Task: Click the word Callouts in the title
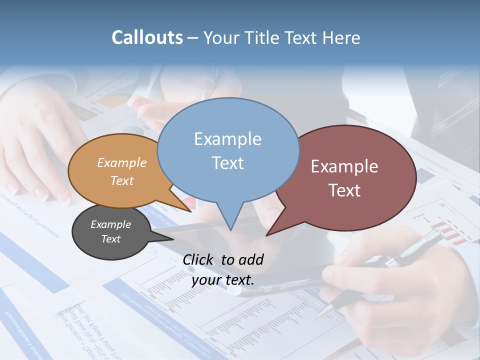[x=147, y=37]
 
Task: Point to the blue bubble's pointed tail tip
[x=230, y=229]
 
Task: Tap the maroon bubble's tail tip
[x=267, y=234]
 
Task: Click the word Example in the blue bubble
[x=228, y=139]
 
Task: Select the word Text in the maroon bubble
[x=344, y=190]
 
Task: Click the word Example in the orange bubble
[x=122, y=163]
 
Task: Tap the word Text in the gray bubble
[x=110, y=239]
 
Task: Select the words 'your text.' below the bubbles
[x=222, y=280]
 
